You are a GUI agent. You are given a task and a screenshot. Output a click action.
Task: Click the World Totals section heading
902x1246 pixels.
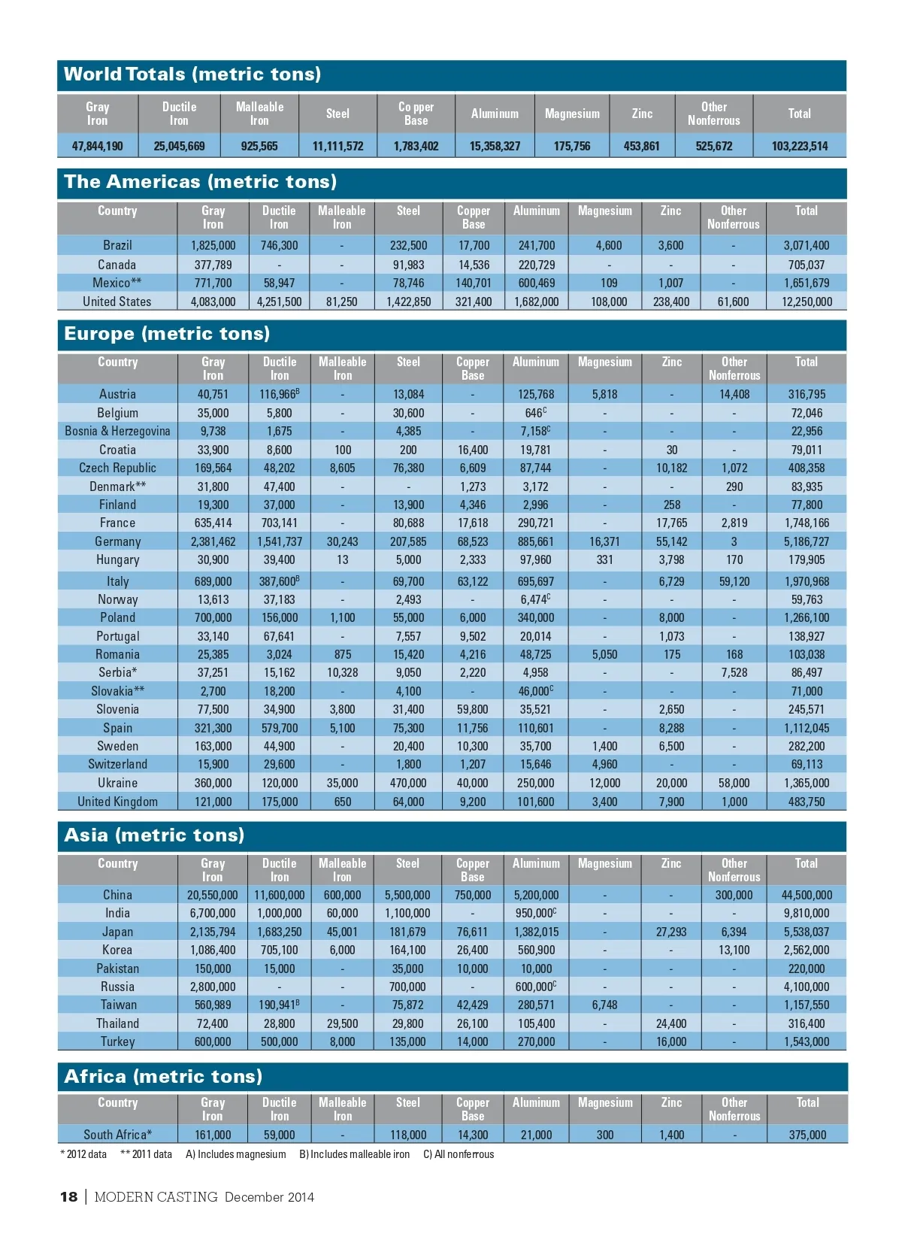(192, 74)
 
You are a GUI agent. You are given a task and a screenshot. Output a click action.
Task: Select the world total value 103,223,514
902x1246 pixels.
(799, 146)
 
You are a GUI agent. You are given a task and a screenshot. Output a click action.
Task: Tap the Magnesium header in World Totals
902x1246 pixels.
(572, 114)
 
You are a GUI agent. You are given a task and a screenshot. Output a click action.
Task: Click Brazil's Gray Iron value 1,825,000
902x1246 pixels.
(213, 245)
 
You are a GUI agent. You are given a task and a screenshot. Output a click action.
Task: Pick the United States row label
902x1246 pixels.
(117, 302)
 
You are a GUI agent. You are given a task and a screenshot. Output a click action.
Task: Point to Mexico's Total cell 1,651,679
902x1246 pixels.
(807, 283)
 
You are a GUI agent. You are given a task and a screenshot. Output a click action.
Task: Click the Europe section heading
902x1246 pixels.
(167, 334)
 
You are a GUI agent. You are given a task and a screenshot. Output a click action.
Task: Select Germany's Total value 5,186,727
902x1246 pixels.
(807, 541)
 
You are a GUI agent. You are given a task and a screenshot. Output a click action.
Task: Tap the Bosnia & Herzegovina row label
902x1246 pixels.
(117, 431)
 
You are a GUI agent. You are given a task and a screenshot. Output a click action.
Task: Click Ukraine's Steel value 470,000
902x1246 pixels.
(408, 783)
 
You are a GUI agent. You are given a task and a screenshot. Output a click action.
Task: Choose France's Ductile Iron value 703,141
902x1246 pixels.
(279, 523)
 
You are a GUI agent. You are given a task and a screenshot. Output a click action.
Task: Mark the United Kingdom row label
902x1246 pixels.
(117, 802)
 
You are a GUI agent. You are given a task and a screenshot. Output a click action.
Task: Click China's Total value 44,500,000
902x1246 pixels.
(807, 895)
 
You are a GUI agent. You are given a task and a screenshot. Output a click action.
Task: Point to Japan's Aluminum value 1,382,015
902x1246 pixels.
(536, 932)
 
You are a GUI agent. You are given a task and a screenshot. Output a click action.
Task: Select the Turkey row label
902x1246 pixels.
(117, 1041)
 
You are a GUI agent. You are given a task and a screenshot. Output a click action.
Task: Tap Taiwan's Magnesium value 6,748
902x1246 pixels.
(604, 1005)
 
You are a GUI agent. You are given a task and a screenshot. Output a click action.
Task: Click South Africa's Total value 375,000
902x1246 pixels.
(807, 1135)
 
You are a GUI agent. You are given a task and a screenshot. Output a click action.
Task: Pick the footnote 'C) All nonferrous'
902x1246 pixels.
(459, 1154)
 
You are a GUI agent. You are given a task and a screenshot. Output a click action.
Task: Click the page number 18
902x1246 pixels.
(68, 1197)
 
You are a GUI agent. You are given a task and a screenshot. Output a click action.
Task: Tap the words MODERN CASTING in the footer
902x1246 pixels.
(156, 1197)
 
